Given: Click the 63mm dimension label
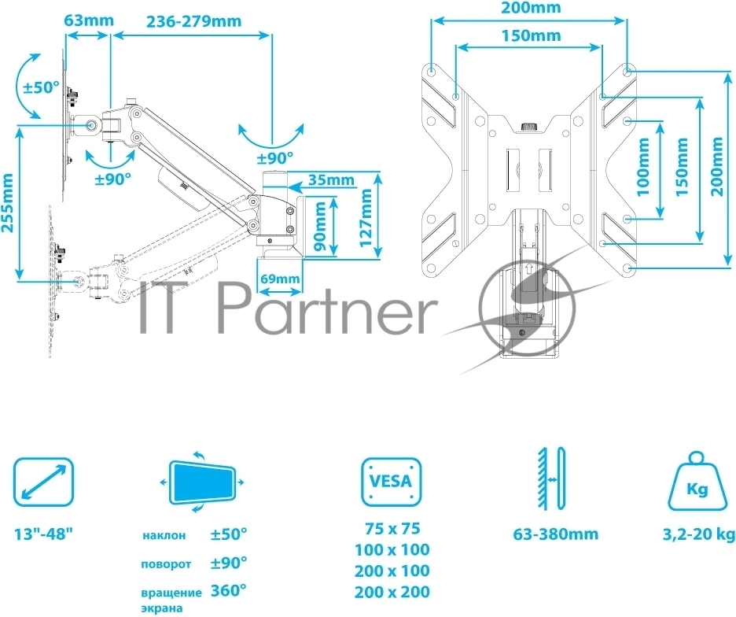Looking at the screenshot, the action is (x=89, y=20).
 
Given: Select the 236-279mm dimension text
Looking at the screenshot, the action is (x=194, y=21).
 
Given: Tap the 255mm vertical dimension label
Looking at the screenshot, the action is (x=8, y=203).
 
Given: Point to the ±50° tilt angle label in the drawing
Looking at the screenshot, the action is (x=42, y=87).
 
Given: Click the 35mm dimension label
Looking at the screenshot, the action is (x=331, y=179).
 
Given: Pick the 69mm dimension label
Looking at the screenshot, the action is (x=280, y=279).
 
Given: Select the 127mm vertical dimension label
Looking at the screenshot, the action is (x=366, y=217).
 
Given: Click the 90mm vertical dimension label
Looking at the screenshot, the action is (x=320, y=227).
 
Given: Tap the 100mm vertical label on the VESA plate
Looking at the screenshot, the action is (x=643, y=167).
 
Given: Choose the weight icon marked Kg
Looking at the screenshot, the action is (x=697, y=482).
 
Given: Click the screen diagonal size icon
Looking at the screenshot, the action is (x=44, y=482).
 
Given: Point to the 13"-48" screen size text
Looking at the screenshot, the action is (x=44, y=534).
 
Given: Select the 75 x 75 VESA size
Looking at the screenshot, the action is (x=392, y=529).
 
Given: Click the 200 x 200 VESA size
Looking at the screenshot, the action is (x=392, y=592).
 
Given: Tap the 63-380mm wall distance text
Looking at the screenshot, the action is (x=556, y=534).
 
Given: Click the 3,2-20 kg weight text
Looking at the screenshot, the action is (x=698, y=535).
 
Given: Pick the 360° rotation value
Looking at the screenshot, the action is (x=229, y=590).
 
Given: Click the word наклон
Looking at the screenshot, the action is (x=164, y=536).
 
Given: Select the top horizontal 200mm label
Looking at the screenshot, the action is (x=531, y=8).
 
